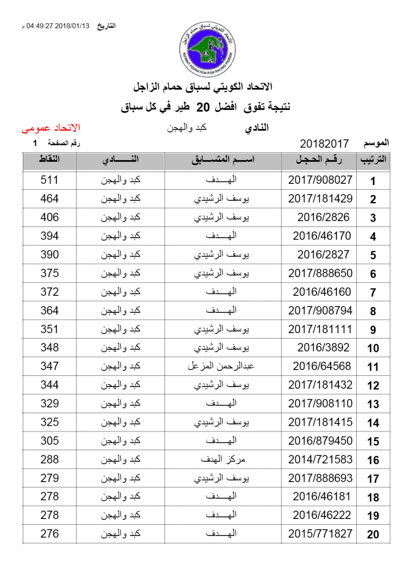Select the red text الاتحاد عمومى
pos(50,128)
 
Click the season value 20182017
pos(324,144)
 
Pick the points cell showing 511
pos(49,180)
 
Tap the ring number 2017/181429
pos(320,199)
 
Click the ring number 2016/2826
pos(323,217)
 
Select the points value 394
pos(49,236)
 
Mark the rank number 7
pos(373,292)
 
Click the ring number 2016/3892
pos(323,348)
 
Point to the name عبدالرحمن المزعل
pos(221,366)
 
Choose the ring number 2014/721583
pos(320,459)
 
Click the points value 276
pos(49,534)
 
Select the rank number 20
pos(373,534)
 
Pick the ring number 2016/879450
pos(320,441)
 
